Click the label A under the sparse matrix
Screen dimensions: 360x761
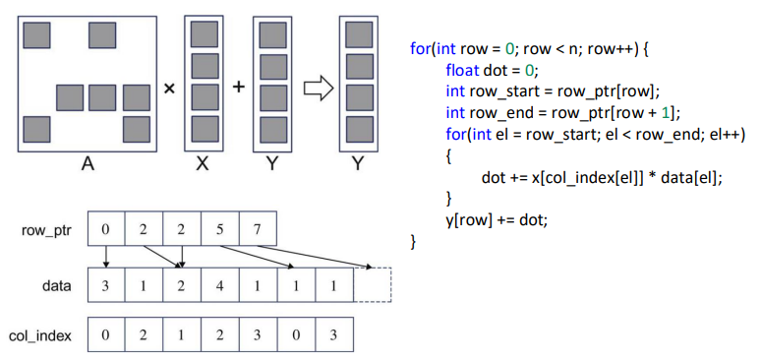click(x=88, y=164)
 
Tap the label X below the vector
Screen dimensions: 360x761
click(x=204, y=164)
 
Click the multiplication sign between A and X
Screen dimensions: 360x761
click(x=169, y=89)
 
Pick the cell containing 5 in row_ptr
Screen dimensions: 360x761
click(x=219, y=229)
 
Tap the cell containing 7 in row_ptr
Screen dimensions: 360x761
click(x=258, y=229)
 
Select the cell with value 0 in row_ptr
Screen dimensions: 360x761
click(x=105, y=229)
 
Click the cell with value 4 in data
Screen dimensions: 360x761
click(x=219, y=286)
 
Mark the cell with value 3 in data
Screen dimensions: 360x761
click(x=105, y=286)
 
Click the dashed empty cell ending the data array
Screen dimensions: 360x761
click(x=372, y=286)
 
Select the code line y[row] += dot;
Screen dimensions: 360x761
click(x=496, y=219)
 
